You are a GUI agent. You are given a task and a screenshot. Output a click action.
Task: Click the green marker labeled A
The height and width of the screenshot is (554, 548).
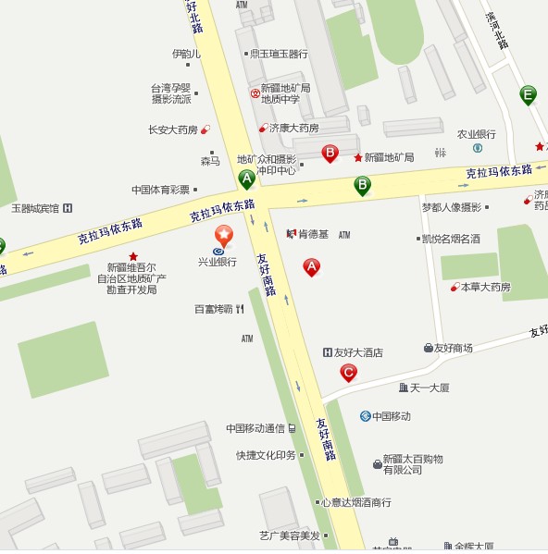[x=246, y=179]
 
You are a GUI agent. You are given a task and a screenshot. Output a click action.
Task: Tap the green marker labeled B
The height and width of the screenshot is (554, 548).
[x=363, y=185]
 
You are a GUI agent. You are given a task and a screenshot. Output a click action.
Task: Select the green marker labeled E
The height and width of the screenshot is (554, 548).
[x=528, y=94]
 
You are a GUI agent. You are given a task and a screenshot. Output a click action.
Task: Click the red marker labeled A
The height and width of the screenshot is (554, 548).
[x=312, y=267]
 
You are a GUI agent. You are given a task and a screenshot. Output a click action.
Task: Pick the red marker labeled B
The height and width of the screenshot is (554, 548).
[x=330, y=153]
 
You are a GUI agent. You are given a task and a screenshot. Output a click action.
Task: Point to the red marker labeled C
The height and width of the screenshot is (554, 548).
[x=348, y=373]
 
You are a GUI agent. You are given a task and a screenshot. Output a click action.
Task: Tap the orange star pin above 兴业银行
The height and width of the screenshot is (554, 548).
[x=223, y=235]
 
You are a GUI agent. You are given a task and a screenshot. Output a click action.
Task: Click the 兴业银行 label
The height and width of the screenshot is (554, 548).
[x=218, y=262]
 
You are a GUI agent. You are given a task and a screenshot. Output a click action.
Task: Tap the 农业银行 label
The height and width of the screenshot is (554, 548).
[x=476, y=133]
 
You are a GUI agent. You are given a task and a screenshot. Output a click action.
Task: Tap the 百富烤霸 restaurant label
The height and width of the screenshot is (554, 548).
[x=213, y=309]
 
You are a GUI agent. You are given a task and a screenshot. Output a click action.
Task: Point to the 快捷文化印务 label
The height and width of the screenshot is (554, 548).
[x=266, y=455]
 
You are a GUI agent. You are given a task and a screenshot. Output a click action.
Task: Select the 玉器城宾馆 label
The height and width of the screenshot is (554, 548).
[x=34, y=208]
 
